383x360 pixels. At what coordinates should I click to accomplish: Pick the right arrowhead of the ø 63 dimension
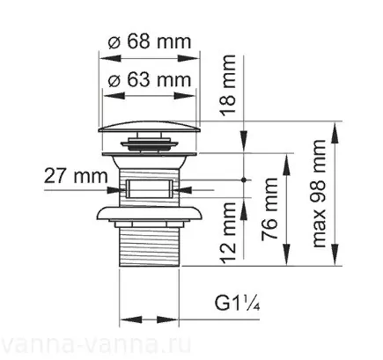pos(196,93)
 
